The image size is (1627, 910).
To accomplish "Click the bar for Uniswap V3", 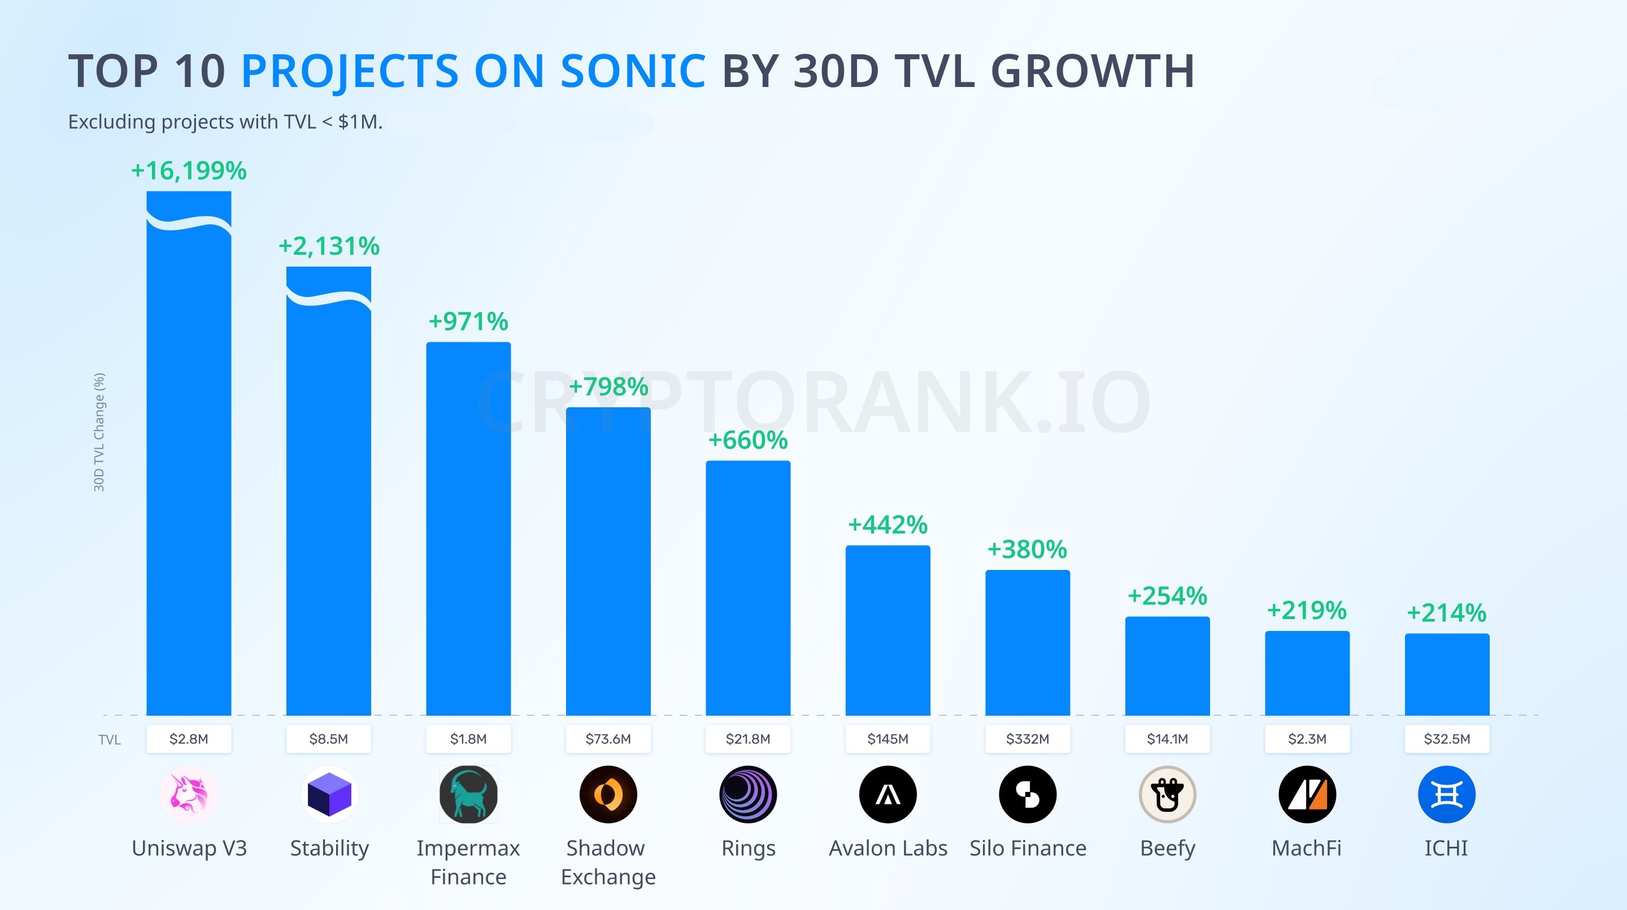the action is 189,453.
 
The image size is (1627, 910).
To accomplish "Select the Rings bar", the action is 748,588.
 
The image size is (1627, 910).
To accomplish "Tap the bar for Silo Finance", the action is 1028,643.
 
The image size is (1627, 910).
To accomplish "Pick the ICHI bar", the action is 1447,674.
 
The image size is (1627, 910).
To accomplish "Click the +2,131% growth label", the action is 329,246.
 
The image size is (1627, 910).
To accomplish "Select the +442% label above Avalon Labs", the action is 888,525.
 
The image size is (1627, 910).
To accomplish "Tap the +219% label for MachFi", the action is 1307,610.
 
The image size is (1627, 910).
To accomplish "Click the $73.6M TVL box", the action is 608,739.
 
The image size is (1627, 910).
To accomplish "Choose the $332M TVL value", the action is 1028,739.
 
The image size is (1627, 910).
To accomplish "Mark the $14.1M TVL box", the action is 1167,739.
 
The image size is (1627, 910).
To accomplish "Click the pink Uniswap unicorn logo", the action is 189,794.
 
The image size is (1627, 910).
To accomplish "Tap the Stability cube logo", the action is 329,794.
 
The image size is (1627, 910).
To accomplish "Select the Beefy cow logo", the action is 1167,794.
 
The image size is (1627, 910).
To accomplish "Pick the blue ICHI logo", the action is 1447,794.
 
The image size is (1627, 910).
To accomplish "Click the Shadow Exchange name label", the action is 608,863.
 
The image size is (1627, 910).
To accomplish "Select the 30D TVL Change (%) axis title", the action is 99,432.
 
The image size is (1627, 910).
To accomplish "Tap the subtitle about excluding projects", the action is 225,122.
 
